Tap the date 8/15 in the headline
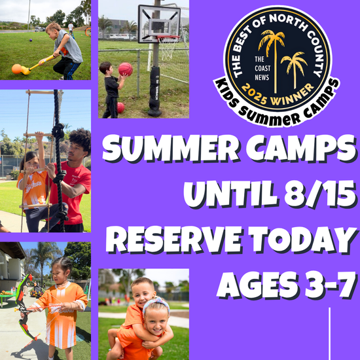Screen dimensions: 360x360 click(x=320, y=194)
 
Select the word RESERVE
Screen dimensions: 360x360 click(x=174, y=240)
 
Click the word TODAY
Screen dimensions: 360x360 click(x=302, y=240)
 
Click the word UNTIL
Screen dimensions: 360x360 click(x=231, y=194)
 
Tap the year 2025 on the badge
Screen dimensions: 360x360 click(x=255, y=95)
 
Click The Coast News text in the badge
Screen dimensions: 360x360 click(x=262, y=69)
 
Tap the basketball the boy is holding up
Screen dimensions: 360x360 click(x=126, y=69)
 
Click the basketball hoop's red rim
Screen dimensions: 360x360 click(x=168, y=37)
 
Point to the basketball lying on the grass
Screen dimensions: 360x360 click(x=121, y=108)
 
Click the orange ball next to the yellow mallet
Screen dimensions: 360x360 click(x=16, y=69)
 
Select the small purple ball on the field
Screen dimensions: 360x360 click(x=31, y=40)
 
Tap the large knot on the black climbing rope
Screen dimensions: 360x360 click(x=58, y=131)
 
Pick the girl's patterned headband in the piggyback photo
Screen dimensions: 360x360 click(x=156, y=304)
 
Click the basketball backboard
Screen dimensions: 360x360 click(x=159, y=24)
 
